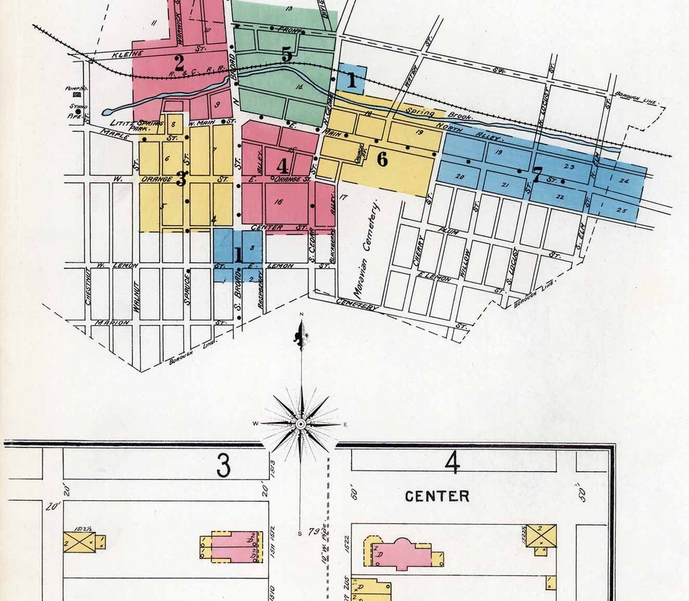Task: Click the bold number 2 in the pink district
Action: click(179, 62)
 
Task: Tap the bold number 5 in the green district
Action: click(286, 54)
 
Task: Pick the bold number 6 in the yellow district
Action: click(381, 159)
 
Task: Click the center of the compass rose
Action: click(300, 425)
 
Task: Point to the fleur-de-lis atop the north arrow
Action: click(300, 336)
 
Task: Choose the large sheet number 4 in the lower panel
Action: click(452, 464)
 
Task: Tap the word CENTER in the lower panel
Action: click(438, 496)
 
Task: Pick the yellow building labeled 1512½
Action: click(80, 542)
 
